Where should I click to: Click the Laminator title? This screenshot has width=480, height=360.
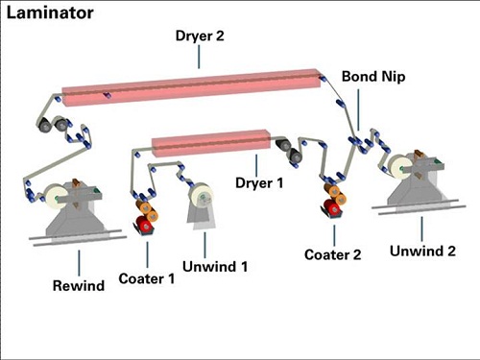[x=50, y=13]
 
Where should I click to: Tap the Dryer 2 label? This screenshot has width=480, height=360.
[x=200, y=36]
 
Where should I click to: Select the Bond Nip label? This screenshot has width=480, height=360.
[x=373, y=77]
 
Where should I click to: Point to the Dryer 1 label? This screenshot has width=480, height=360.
[x=259, y=183]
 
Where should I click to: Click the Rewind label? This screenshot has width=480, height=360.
[x=79, y=285]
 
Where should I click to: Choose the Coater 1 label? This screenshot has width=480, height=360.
[x=147, y=278]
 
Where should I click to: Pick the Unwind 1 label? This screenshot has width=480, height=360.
[x=215, y=267]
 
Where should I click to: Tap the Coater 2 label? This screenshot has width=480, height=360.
[x=333, y=254]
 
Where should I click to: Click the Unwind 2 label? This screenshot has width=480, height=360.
[x=422, y=251]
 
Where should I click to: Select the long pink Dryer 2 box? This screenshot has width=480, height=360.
[x=191, y=86]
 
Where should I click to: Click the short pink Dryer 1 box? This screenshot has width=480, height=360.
[x=211, y=143]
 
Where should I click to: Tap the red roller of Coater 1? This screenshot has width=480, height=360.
[x=145, y=224]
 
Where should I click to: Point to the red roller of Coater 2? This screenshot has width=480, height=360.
[x=332, y=207]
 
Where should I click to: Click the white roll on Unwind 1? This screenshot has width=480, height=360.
[x=201, y=196]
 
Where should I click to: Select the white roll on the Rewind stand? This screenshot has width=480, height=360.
[x=56, y=197]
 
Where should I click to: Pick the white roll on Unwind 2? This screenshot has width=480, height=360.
[x=398, y=166]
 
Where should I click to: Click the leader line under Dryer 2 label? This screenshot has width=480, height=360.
[x=199, y=57]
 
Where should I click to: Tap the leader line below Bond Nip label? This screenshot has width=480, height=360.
[x=358, y=109]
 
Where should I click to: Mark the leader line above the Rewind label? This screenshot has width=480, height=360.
[x=79, y=263]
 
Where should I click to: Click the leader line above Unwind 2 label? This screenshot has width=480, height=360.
[x=421, y=228]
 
